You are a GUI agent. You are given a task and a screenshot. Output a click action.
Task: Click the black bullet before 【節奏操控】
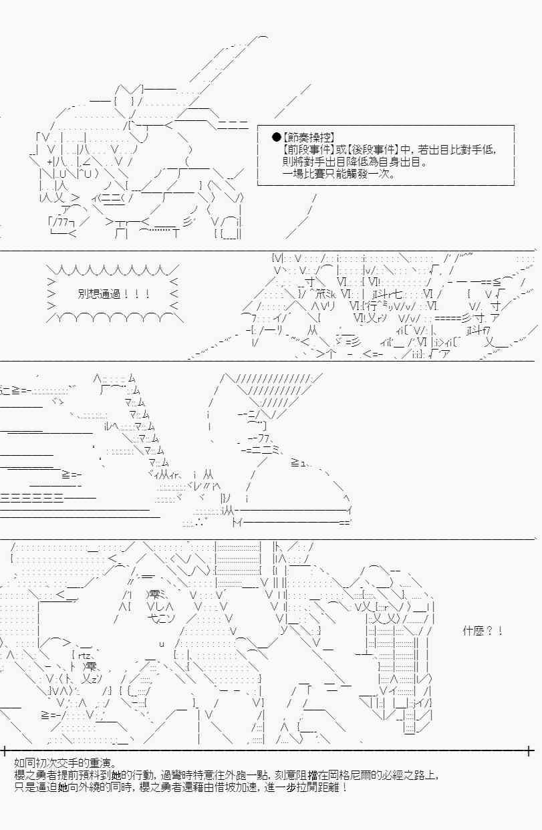(x=277, y=138)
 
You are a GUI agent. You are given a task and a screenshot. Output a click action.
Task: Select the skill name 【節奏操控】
(x=308, y=138)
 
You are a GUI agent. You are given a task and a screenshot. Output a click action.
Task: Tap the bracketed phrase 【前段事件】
(x=308, y=150)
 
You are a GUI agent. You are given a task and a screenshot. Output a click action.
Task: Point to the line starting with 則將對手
(x=354, y=162)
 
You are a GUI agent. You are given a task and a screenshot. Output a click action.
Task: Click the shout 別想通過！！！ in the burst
(x=114, y=294)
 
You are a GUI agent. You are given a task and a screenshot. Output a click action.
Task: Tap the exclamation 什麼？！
(x=483, y=630)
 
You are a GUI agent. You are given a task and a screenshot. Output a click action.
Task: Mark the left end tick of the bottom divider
(x=4, y=750)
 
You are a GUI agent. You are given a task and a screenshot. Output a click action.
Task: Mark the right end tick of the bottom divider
(x=530, y=750)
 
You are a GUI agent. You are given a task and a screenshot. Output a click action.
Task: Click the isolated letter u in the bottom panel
(x=162, y=644)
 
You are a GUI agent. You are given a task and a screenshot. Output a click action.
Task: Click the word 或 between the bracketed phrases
(x=340, y=150)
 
